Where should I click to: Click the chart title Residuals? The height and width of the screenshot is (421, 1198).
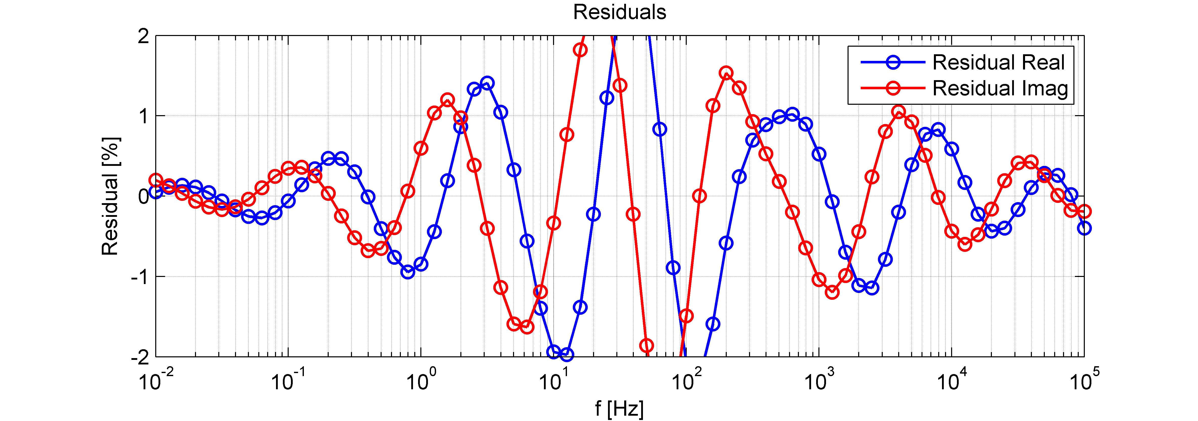click(619, 12)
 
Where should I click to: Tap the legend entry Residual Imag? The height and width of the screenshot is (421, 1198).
click(1000, 89)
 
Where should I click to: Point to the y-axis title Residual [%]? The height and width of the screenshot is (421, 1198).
click(111, 196)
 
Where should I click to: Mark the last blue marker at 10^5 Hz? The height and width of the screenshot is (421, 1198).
click(1084, 228)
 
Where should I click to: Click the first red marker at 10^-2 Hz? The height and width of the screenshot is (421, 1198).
click(156, 181)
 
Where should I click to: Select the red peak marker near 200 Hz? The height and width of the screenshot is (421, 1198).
click(726, 73)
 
